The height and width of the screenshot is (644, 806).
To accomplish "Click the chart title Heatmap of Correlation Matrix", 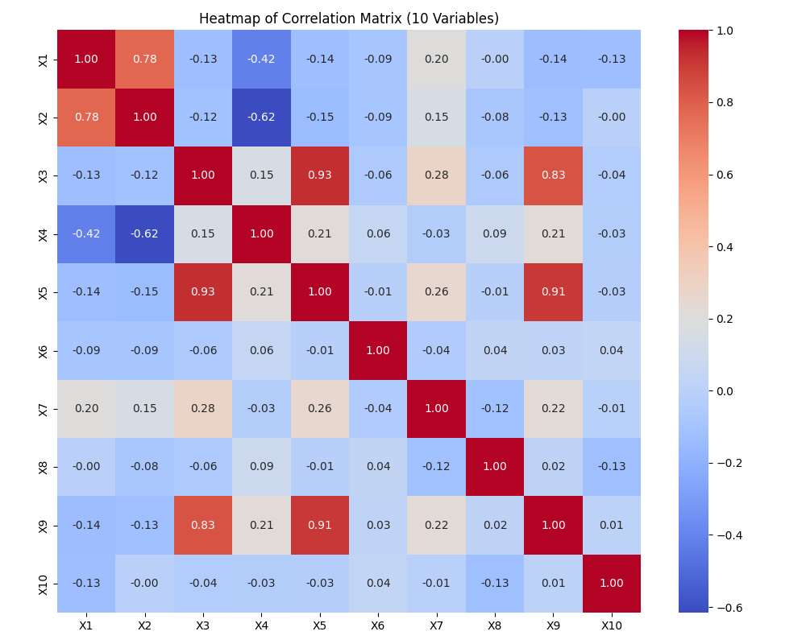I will [349, 19].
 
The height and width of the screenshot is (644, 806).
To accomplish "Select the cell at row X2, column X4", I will [261, 118].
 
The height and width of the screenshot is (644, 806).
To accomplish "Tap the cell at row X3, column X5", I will [320, 175].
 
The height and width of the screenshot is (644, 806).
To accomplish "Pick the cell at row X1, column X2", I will [144, 59].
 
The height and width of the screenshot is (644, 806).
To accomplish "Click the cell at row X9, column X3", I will [202, 525].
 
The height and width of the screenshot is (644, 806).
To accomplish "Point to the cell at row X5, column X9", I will [553, 292].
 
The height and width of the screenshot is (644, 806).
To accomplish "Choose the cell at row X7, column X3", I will [202, 409].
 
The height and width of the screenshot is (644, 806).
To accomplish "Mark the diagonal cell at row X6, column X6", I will [378, 350].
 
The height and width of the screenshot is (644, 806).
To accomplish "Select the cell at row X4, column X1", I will [86, 233].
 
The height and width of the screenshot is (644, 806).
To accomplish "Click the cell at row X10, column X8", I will [495, 584].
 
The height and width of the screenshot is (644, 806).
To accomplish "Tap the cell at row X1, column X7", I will [436, 59].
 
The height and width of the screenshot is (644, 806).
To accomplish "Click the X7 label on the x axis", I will [436, 625].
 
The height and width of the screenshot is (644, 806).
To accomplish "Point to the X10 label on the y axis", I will [44, 584].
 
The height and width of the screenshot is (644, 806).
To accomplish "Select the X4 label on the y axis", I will [44, 233].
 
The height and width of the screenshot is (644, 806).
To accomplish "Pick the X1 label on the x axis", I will [86, 625].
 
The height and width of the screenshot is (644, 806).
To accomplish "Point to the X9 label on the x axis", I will [553, 625].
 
